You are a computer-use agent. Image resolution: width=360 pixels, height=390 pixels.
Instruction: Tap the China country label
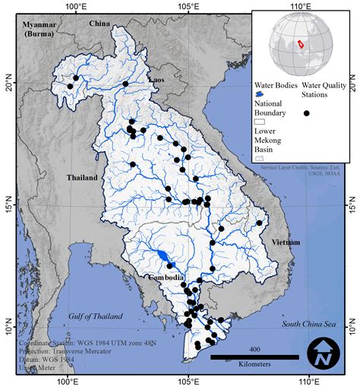pos(99,24)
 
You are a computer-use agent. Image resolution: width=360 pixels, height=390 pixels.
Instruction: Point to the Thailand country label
pos(81,178)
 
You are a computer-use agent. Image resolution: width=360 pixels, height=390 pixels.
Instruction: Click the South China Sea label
pos(308,324)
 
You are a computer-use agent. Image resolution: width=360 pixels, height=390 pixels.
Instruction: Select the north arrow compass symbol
pos(324,355)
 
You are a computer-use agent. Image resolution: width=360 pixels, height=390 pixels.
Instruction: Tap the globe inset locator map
pos(302,43)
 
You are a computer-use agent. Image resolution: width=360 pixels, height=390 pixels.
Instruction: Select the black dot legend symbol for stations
pos(307,113)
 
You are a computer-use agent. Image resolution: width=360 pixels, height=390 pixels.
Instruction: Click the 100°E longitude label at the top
pos(75,7)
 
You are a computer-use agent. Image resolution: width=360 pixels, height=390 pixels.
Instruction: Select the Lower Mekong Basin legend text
pos(270,140)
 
